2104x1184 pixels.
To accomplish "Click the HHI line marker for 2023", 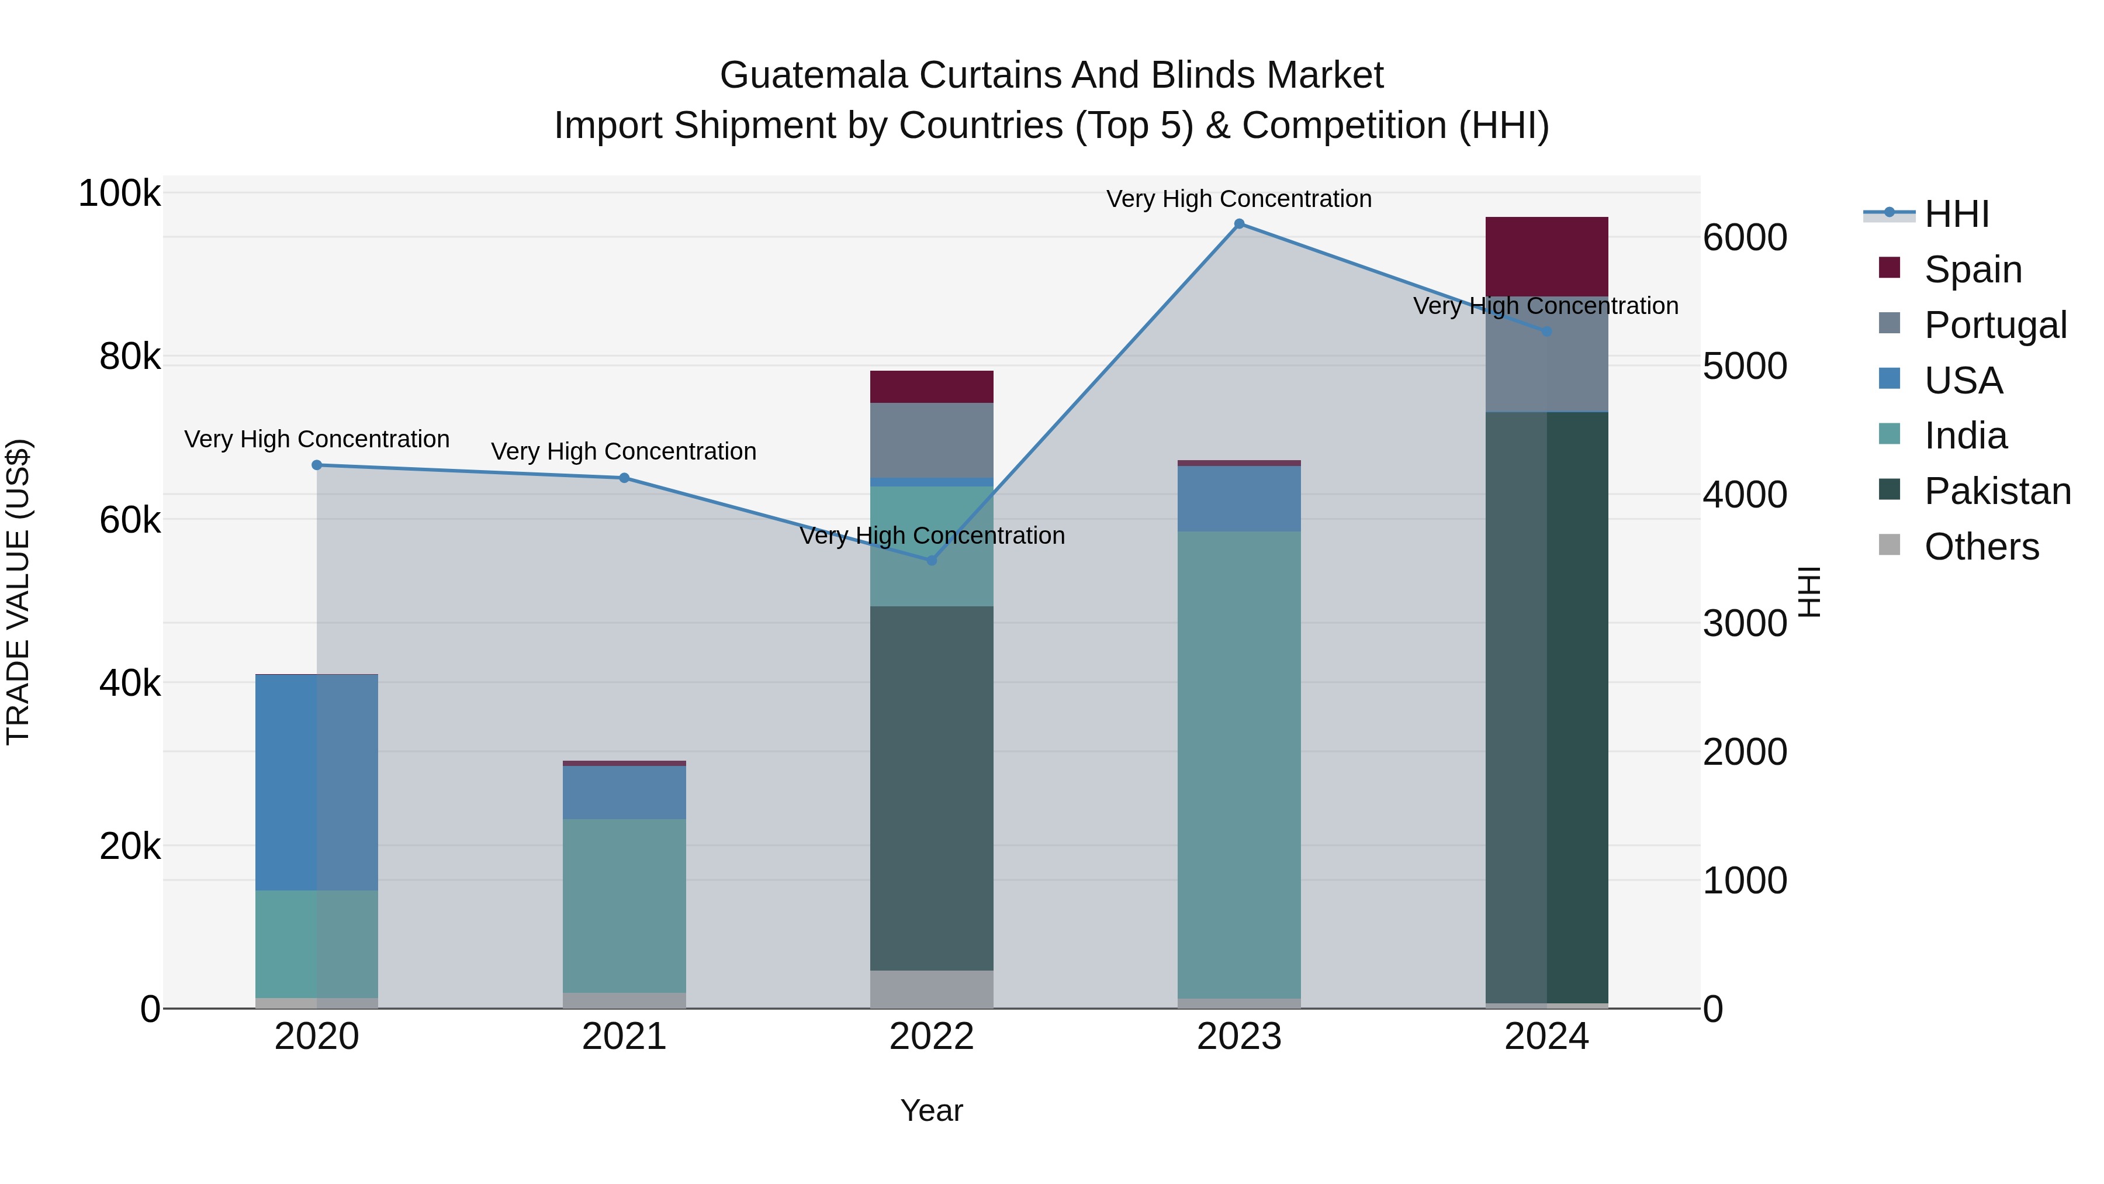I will click(x=1239, y=224).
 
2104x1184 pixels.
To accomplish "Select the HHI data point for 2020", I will click(x=317, y=465).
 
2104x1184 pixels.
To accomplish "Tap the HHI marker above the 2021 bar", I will click(x=624, y=478).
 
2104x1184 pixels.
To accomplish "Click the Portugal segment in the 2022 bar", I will click(x=931, y=440).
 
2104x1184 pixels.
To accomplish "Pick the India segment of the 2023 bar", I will click(x=1239, y=764).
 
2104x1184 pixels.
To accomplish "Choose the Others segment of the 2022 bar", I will click(x=931, y=989).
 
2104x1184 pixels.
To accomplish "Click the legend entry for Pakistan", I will click(x=1997, y=491).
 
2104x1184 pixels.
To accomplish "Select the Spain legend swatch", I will click(x=1889, y=268).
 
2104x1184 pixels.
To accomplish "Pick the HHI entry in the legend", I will click(x=1956, y=214).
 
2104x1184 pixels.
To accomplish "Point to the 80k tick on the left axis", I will click(x=130, y=357).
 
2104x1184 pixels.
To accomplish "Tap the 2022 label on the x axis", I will click(x=931, y=1037).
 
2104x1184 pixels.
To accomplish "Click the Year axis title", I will click(x=931, y=1110).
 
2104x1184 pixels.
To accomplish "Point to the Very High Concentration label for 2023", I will click(x=1239, y=199).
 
